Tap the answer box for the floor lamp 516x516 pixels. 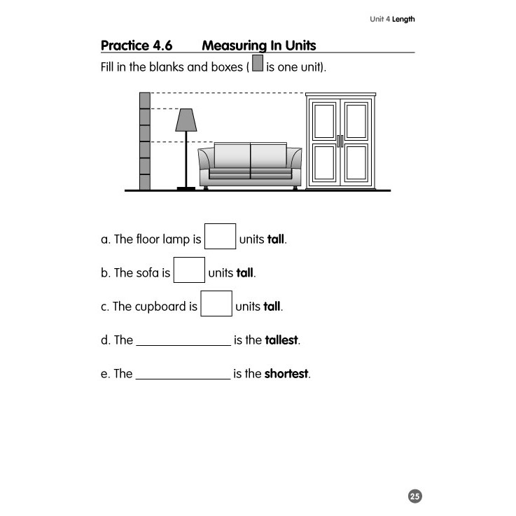(x=220, y=236)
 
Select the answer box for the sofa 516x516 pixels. (x=189, y=270)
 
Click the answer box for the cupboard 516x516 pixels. (x=216, y=303)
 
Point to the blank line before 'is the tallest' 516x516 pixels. (x=183, y=343)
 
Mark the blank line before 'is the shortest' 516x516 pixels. (x=183, y=377)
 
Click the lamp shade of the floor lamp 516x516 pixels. (x=186, y=120)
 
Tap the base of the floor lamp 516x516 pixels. (x=186, y=188)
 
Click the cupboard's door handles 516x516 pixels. (x=340, y=141)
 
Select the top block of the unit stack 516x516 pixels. (x=145, y=100)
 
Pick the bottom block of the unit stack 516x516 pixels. (x=145, y=182)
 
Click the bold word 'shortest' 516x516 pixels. (x=286, y=374)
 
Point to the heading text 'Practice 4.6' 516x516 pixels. (x=137, y=46)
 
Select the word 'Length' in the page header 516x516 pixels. (x=403, y=19)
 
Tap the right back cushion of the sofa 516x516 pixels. (x=267, y=155)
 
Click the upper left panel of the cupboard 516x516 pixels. (x=325, y=121)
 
